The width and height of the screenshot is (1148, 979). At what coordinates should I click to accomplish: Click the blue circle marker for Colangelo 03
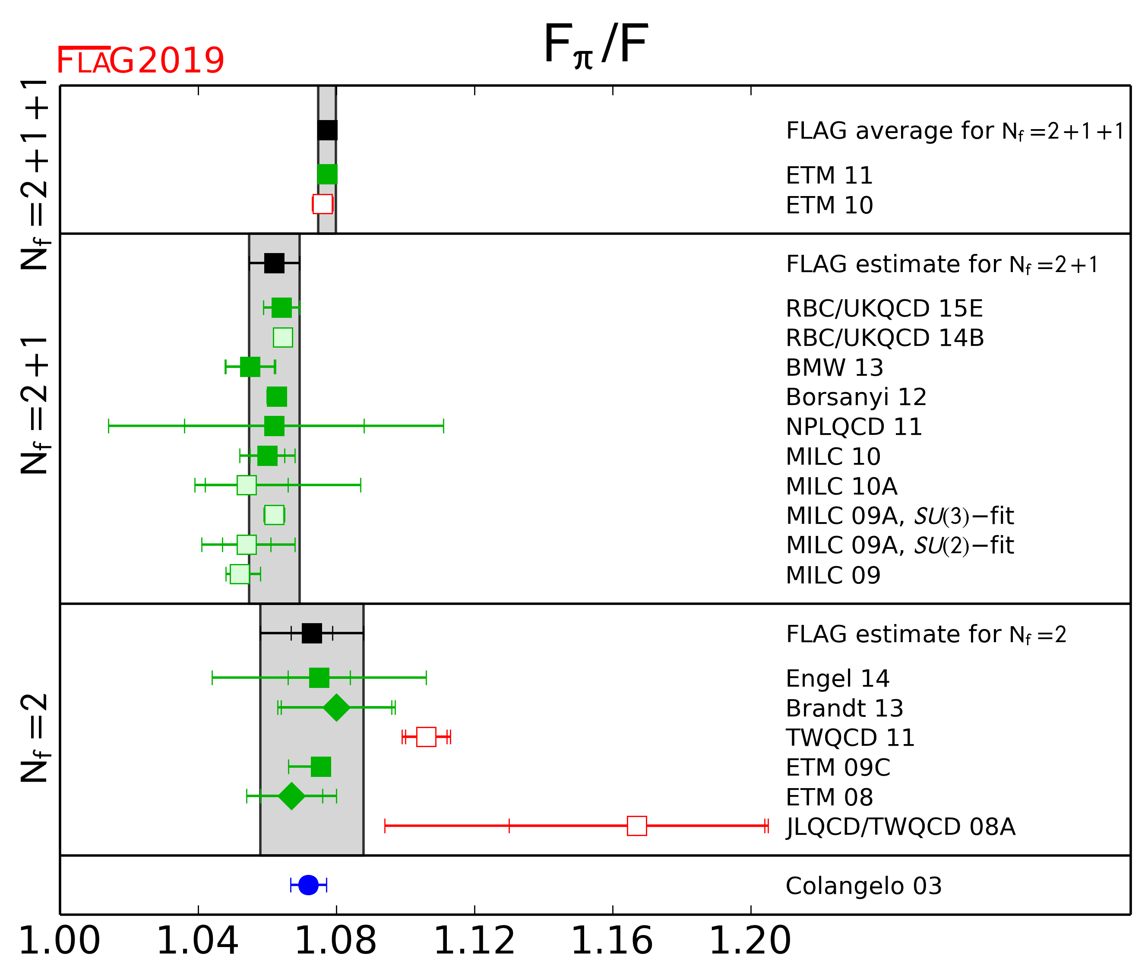coord(308,885)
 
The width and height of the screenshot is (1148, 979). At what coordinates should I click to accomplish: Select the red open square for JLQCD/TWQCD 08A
coord(637,826)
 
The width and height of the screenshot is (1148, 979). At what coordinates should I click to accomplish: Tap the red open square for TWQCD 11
coord(426,737)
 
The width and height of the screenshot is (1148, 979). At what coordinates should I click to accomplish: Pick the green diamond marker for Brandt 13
coord(336,707)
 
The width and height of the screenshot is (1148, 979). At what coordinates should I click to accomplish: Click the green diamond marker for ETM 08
coord(291,796)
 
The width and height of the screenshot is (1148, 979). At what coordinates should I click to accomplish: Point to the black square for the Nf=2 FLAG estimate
coord(312,633)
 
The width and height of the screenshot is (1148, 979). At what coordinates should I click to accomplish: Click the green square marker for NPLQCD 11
coord(274,426)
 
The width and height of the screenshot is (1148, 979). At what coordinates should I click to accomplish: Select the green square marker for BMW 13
coord(250,367)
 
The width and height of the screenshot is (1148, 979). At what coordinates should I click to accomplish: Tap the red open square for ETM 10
coord(323,204)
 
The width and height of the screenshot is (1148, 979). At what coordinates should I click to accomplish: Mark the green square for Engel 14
coord(319,678)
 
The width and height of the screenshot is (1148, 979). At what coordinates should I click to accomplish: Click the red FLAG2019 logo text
coord(140,60)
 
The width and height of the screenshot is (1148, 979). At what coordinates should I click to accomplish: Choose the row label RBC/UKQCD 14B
coord(884,338)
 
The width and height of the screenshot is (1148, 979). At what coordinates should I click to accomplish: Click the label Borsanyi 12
coord(856,397)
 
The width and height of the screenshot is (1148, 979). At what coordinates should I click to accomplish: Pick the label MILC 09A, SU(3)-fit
coord(899,516)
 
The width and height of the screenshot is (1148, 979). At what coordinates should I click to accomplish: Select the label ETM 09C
coord(838,767)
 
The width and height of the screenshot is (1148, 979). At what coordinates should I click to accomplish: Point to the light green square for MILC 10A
coord(247,485)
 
